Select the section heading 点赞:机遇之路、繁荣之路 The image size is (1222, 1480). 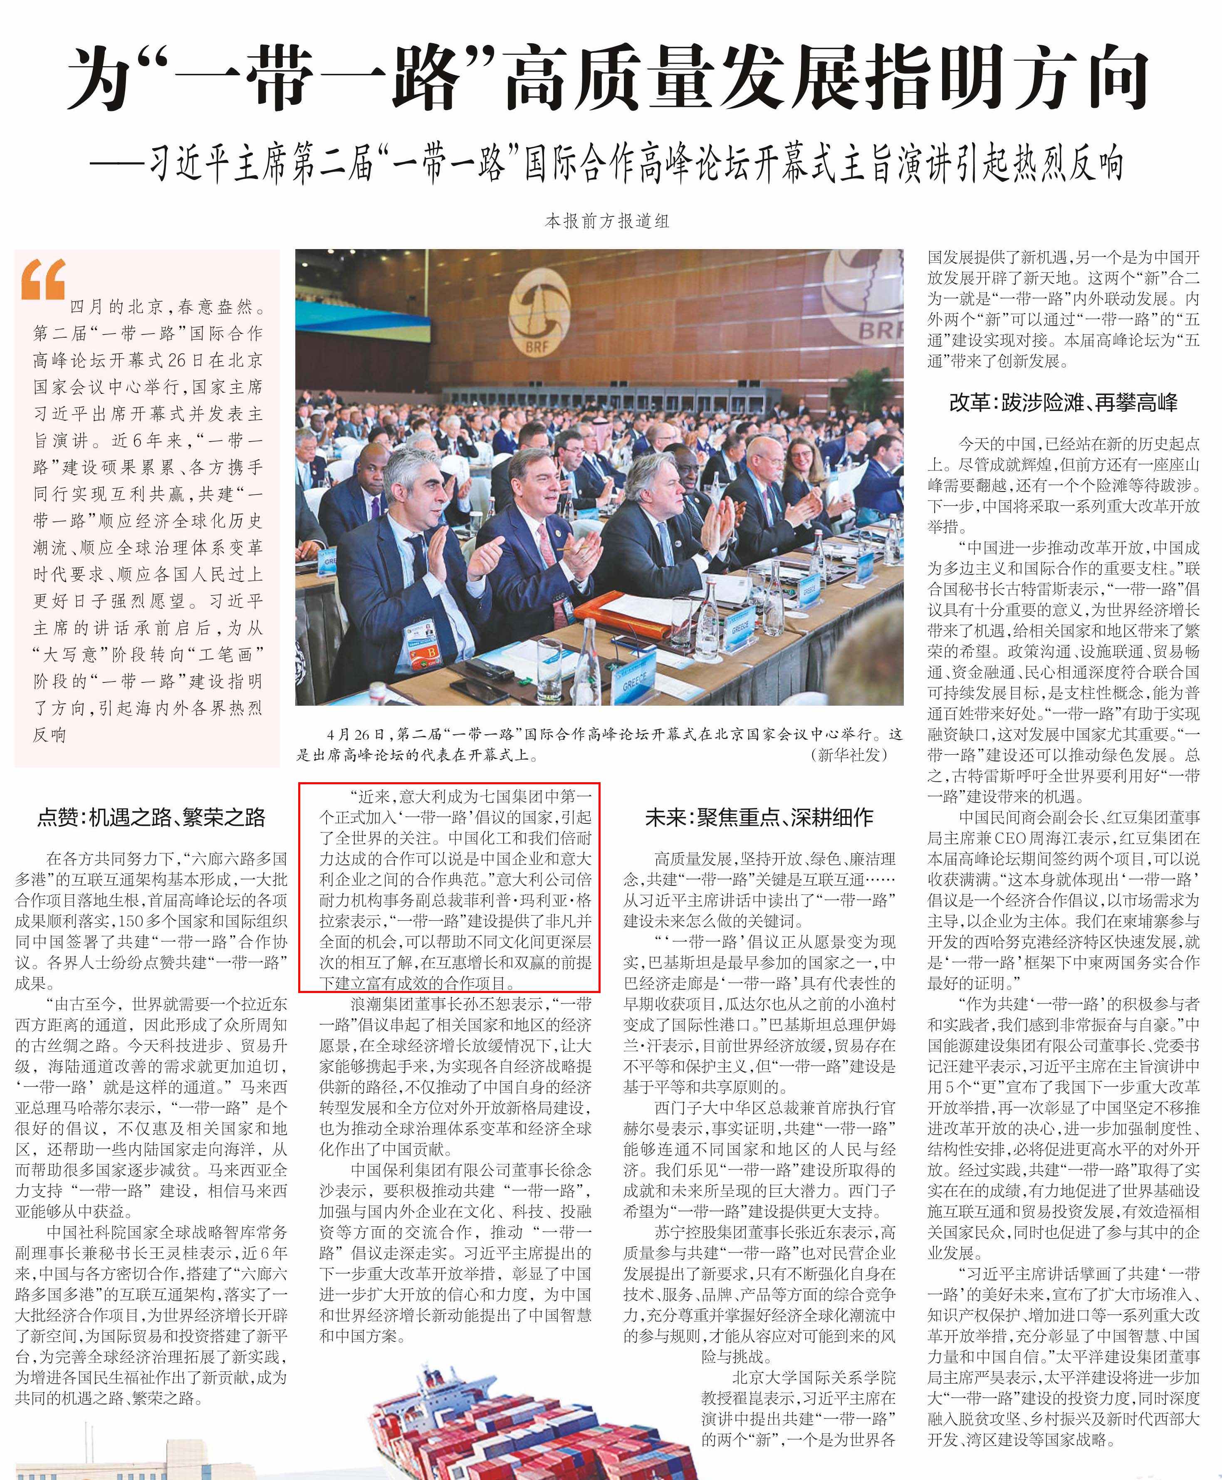pyautogui.click(x=151, y=817)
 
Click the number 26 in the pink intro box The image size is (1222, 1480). pyautogui.click(x=177, y=360)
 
